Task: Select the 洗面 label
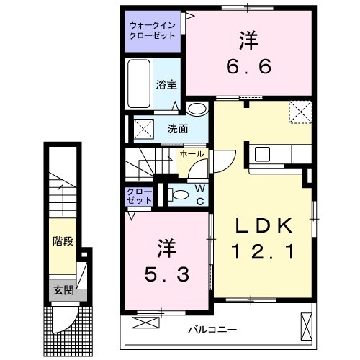[177, 130]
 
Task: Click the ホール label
[191, 154]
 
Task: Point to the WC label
[199, 194]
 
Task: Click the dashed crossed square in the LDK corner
[299, 113]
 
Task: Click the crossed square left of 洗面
[140, 129]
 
